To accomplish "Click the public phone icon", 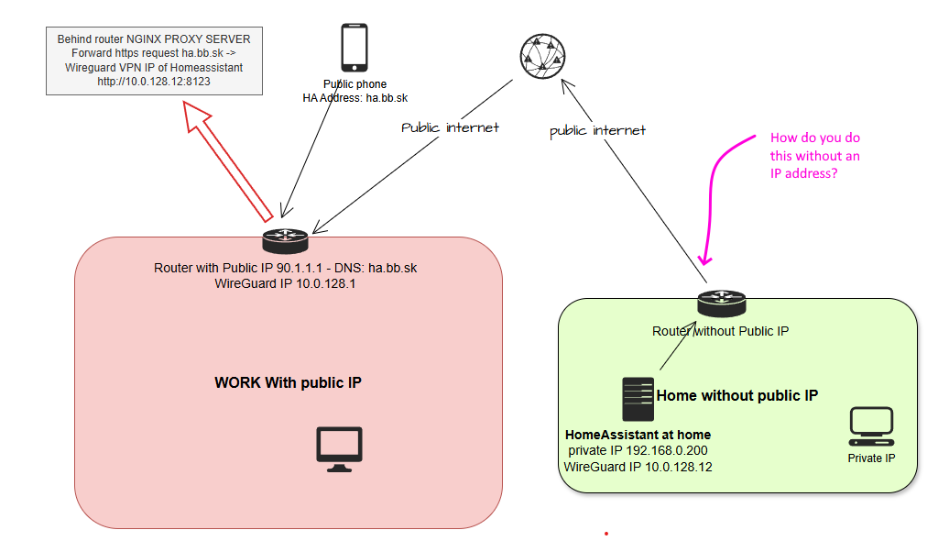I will (355, 48).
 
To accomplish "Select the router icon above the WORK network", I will (285, 241).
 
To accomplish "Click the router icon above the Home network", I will (722, 304).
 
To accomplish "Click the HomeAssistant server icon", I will (638, 400).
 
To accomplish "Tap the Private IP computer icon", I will (871, 426).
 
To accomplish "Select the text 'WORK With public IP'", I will (288, 382).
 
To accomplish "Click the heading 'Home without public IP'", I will (736, 396).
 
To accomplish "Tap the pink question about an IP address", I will (814, 155).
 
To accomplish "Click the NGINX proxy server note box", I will (154, 61).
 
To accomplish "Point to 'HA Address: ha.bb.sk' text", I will (356, 97).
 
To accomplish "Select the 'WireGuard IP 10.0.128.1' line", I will (285, 284).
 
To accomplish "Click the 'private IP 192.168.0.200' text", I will (638, 450).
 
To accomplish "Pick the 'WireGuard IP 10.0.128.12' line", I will (638, 467).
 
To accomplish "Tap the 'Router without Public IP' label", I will (720, 331).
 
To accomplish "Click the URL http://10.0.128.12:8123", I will (154, 82).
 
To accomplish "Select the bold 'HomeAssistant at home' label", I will (638, 435).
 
